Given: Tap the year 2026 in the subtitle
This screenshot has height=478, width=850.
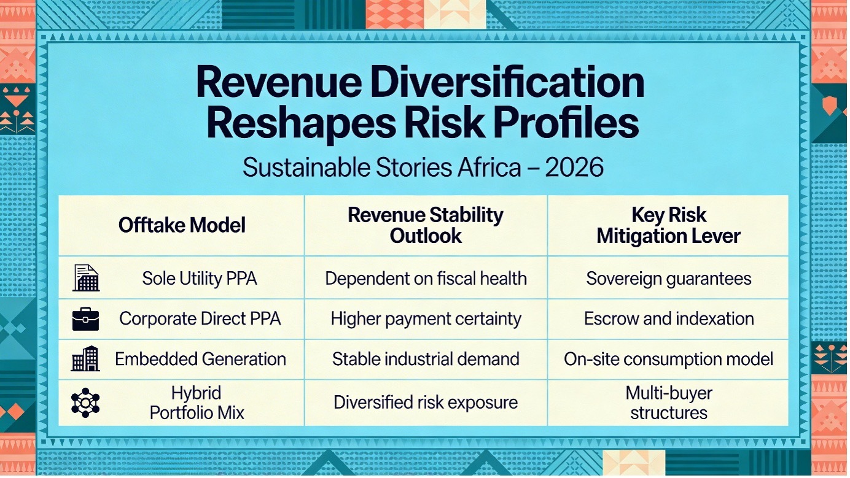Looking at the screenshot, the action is pos(574,167).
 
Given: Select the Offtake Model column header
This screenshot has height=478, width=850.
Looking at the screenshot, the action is pos(182,225).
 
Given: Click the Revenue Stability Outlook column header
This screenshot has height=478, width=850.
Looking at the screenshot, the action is pos(426,226).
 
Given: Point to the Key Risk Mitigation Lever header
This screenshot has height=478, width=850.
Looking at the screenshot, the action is pos(668,226).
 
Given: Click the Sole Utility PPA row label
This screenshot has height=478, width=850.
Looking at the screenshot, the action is pos(199,279).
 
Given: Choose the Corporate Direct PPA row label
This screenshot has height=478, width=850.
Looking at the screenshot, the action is pos(200,319).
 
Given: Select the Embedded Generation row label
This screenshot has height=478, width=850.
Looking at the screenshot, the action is pos(200,359).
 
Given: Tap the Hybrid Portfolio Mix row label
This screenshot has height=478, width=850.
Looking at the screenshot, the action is pos(197,403).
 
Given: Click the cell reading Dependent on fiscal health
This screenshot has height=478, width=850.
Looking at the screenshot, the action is pos(426,279).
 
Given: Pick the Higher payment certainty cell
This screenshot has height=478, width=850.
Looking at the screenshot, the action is pos(426,319).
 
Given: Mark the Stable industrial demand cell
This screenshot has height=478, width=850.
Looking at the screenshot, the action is pos(426,359).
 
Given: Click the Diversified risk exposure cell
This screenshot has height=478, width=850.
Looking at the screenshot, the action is pos(426,403).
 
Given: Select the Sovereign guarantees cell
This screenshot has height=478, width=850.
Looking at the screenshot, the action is pos(669,279).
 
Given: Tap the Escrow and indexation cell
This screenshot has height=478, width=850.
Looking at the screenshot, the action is pos(669,319).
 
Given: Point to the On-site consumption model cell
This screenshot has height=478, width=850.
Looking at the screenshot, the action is pos(669,359).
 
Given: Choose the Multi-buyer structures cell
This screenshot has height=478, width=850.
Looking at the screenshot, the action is pos(669,403).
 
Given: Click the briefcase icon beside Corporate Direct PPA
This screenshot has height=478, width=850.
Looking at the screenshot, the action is pos(85,319).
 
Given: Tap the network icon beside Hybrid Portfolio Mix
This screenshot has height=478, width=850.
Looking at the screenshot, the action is pos(85,403).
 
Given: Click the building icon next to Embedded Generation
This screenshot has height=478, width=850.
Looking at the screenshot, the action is pos(85,358).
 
